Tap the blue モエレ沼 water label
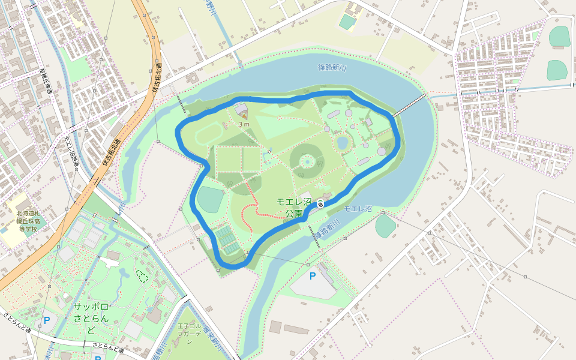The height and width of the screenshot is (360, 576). [x=358, y=209]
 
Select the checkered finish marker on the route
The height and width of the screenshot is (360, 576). [x=321, y=204]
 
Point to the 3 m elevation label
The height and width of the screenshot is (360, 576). [x=244, y=124]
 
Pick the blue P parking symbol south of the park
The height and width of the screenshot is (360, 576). [x=312, y=276]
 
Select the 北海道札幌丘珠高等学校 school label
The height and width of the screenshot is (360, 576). [x=28, y=221]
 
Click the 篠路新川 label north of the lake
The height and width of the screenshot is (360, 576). [x=333, y=68]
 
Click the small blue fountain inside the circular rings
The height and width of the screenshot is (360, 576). [x=307, y=161]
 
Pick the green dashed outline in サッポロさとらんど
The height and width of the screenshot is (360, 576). [x=142, y=276]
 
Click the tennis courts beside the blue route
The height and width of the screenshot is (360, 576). [x=227, y=239]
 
